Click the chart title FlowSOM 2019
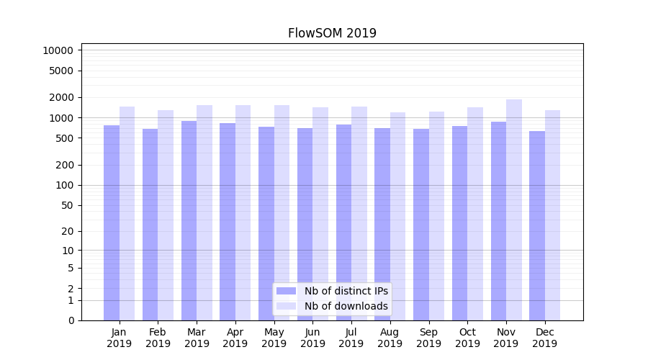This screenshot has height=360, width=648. [x=332, y=33]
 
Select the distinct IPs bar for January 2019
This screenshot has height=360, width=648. [x=112, y=223]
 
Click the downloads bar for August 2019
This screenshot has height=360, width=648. [x=398, y=216]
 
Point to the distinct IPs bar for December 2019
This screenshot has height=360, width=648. [x=537, y=226]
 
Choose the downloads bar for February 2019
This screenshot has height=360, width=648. [x=166, y=215]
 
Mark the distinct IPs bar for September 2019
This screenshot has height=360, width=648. [x=421, y=225]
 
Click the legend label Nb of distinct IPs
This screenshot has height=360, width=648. [x=346, y=291]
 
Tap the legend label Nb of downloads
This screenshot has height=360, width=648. [x=346, y=306]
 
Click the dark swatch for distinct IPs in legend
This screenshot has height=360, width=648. [x=286, y=291]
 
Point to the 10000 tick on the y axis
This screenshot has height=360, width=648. [x=58, y=50]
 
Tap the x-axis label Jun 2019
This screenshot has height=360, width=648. [x=312, y=338]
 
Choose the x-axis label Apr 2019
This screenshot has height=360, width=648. [x=235, y=338]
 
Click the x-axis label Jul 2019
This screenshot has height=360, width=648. [x=351, y=338]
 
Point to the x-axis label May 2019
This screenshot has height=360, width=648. [x=274, y=338]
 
